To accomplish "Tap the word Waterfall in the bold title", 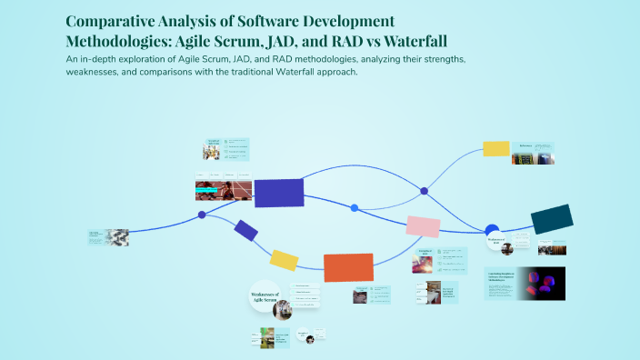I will coord(413,42).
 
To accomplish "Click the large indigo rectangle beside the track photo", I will coord(278,193).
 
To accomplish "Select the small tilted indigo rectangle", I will coord(245,230).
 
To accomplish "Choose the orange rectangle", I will coord(348,267).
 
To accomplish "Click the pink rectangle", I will coord(423,225).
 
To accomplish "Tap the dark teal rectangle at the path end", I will coord(551,219).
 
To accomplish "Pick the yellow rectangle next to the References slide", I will coord(495,148).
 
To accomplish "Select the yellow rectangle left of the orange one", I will coord(284,260).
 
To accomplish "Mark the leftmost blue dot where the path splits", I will coord(202,215).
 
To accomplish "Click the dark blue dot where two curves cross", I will coord(424,191).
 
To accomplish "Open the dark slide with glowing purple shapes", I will coord(540,284).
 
